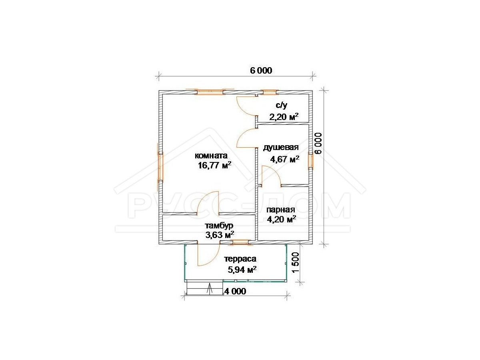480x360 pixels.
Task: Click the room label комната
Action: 211,156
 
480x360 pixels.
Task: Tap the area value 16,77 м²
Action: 214,165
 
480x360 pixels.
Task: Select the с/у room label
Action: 282,106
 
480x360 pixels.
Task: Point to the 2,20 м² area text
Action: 284,117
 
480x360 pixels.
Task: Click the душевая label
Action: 280,148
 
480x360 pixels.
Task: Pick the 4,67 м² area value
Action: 285,159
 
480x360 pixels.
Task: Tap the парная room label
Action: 280,210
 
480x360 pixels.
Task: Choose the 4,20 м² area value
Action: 282,219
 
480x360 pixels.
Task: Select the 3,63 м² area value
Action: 220,235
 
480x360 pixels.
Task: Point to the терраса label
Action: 240,259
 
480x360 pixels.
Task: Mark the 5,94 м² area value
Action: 242,270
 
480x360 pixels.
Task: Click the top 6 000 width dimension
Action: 261,71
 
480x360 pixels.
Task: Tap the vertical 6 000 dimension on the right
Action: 318,143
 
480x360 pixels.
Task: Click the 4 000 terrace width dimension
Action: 235,291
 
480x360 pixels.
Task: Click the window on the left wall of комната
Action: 160,168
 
